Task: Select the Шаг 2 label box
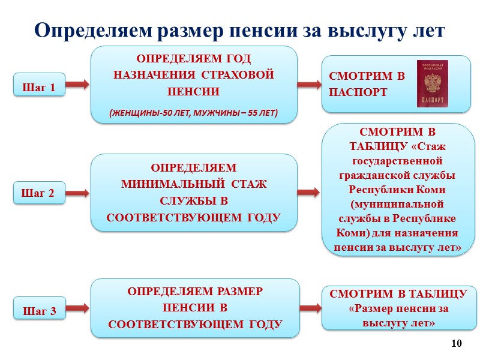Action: tap(39, 194)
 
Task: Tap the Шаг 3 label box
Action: tap(39, 311)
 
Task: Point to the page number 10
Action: tap(457, 344)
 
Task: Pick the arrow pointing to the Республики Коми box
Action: tap(310, 192)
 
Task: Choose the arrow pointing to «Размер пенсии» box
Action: tap(310, 308)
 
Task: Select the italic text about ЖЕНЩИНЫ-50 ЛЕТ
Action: tap(194, 113)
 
